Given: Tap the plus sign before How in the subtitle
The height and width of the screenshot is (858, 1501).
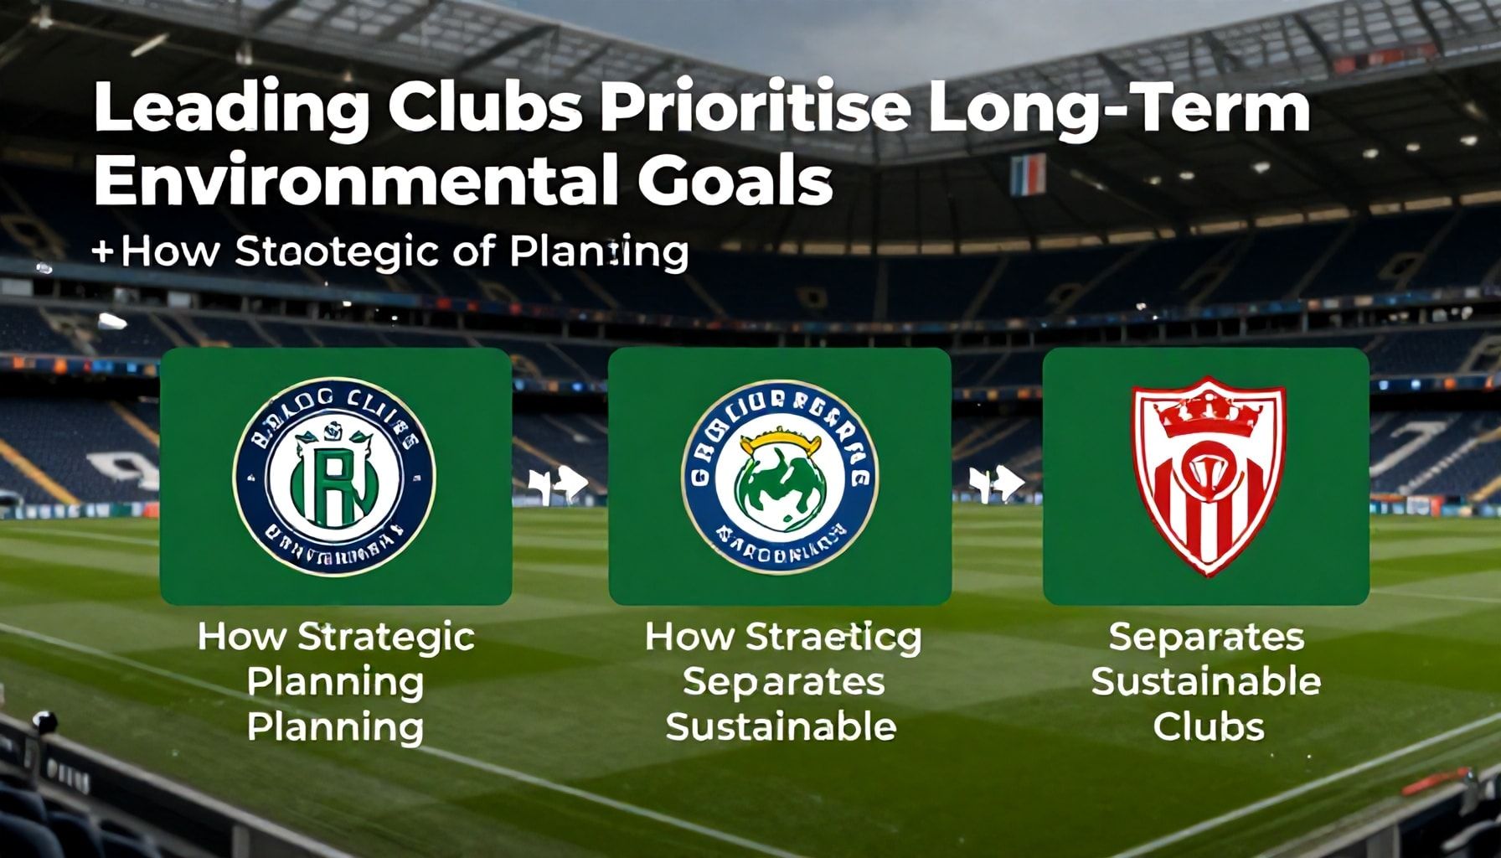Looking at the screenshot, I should point(104,251).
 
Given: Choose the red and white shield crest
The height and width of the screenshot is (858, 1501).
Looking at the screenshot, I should point(1207,478).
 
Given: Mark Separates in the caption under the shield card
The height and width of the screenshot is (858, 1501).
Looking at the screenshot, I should point(1206,638).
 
